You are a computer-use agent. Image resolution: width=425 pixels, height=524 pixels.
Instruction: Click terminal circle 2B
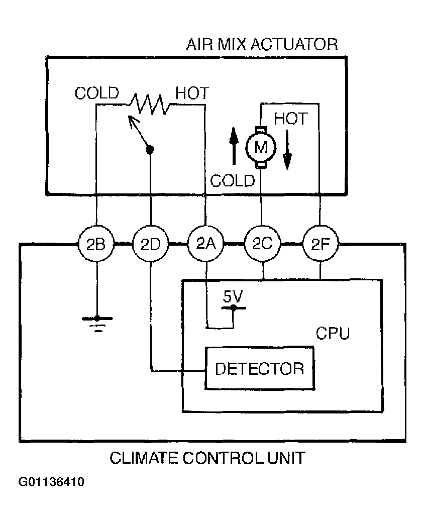pos(96,244)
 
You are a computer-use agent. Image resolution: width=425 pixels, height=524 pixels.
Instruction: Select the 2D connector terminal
pos(151,244)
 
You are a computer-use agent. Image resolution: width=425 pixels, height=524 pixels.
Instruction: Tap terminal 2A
pos(206,244)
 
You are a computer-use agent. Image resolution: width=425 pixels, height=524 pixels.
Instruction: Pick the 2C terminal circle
pos(263,244)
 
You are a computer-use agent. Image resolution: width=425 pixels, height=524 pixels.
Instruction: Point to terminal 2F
pos(321,244)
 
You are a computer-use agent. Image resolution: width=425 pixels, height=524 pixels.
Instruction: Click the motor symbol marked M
pos(261,147)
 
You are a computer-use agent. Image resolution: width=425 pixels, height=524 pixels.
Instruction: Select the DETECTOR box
pos(260,368)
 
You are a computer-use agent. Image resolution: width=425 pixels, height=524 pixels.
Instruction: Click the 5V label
pos(233,296)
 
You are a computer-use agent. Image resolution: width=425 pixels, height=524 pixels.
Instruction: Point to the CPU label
pos(333,333)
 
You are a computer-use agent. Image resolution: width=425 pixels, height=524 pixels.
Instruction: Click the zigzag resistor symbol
pos(149,103)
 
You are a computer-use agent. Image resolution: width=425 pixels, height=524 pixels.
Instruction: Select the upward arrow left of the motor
pos(234,146)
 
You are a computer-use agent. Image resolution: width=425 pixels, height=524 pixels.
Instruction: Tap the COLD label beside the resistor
pos(97,93)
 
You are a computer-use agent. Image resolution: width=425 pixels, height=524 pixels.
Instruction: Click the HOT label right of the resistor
pos(192,93)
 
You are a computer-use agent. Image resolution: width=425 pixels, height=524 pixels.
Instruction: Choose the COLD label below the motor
pos(233,181)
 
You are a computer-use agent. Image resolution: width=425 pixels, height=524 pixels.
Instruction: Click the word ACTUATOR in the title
pos(294,44)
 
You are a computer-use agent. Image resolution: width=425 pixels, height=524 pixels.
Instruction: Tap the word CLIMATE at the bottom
pos(144,458)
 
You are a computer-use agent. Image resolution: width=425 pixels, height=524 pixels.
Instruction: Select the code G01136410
pos(51,482)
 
